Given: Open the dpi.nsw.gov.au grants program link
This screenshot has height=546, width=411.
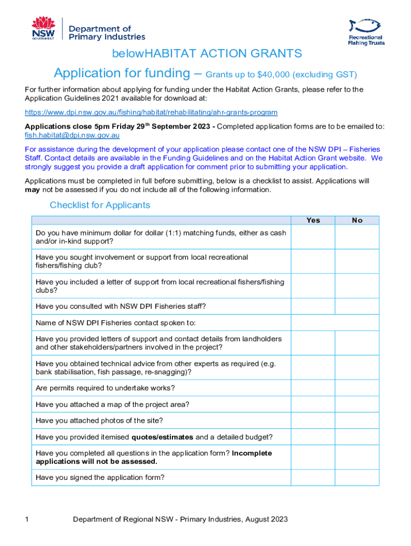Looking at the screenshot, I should tap(151, 113).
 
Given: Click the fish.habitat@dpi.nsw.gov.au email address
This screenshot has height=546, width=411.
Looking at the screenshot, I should tap(72, 135).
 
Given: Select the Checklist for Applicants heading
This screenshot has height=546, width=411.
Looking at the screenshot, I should tap(100, 205).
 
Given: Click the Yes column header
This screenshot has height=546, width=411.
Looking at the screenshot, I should tap(313, 220).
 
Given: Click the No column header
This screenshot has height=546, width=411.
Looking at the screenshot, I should tap(357, 220).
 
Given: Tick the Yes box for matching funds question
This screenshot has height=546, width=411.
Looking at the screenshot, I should tap(313, 237).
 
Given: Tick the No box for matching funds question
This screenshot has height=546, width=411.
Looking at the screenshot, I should tap(357, 237).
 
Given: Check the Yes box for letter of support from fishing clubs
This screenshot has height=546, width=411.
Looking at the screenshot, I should tap(313, 286).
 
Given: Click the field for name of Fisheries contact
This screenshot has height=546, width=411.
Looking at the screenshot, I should tap(335, 323).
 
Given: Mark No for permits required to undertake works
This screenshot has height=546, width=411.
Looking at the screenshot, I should tap(357, 388).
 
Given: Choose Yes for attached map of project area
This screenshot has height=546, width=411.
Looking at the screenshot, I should tap(313, 404).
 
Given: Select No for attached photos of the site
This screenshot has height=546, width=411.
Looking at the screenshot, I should tap(357, 421).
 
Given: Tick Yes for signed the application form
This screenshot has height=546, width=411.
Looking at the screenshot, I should tap(313, 478).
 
